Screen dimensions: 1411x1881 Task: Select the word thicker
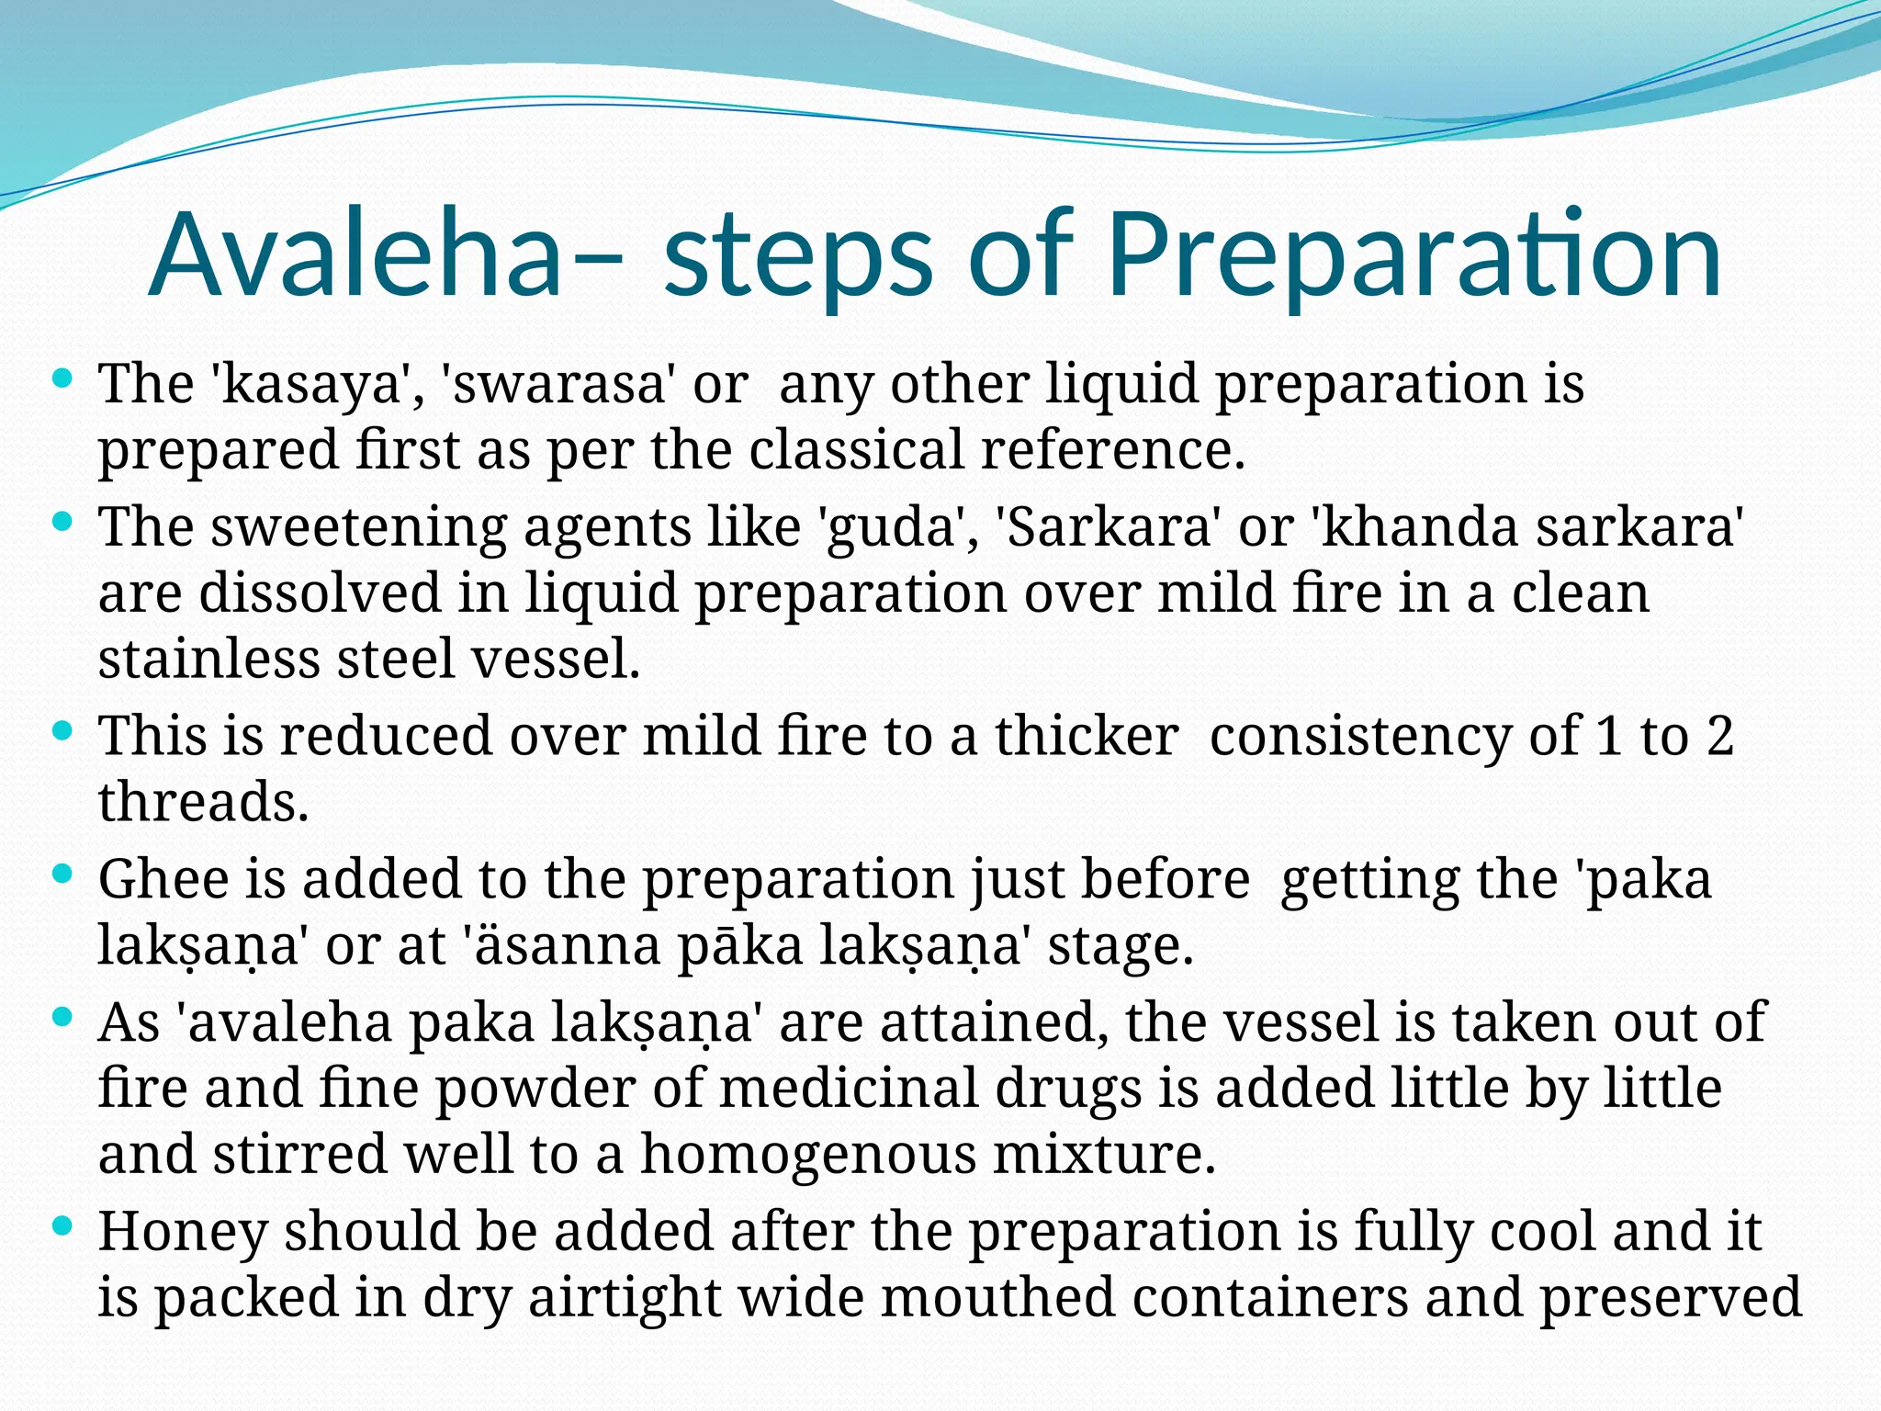[x=1087, y=736]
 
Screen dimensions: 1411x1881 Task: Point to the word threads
[x=203, y=802]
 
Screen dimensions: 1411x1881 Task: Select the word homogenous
[x=808, y=1155]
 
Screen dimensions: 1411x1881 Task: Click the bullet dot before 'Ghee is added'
[x=62, y=875]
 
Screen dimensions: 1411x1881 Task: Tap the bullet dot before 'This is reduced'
[x=62, y=731]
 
